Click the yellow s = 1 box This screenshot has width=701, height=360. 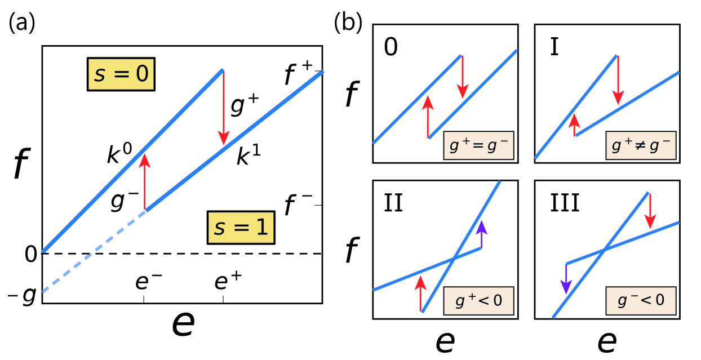click(241, 229)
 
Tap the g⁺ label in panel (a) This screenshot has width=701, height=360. click(243, 105)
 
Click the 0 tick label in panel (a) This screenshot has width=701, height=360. click(30, 255)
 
